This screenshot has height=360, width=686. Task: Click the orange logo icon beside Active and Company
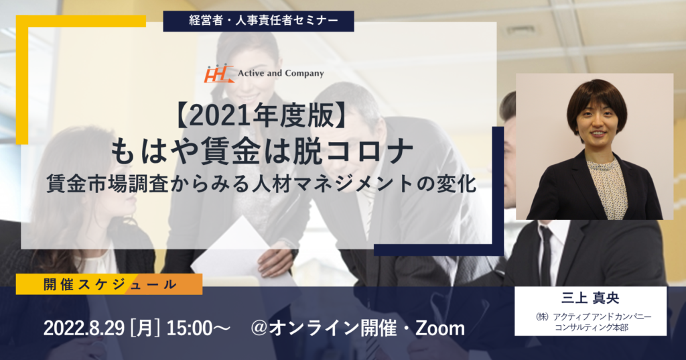tap(219, 74)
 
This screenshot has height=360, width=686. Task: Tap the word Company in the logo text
tap(303, 74)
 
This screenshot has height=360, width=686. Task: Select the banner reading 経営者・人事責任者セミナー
tap(259, 21)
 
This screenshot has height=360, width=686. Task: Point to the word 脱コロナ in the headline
tap(352, 152)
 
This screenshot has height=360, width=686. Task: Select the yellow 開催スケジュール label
tap(109, 284)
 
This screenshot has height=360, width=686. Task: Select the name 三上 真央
tap(590, 298)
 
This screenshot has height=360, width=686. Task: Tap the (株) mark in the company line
tap(543, 316)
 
